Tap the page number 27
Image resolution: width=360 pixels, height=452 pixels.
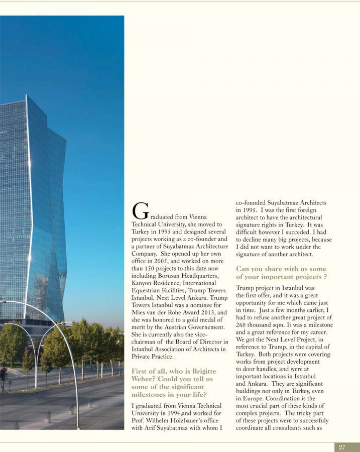click(x=342, y=447)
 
